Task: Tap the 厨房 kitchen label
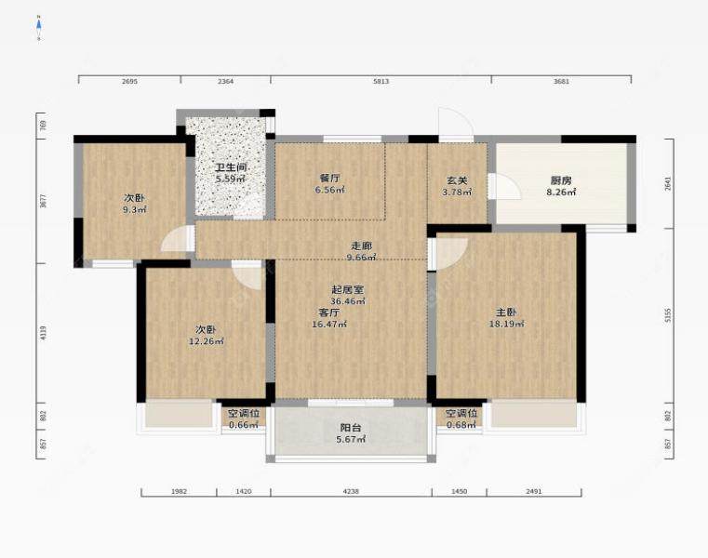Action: click(x=561, y=180)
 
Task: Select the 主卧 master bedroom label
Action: click(x=507, y=312)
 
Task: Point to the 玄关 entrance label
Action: click(x=457, y=180)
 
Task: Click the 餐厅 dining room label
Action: click(x=329, y=179)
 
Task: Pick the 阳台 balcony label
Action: click(x=351, y=428)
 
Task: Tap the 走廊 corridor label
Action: click(x=362, y=246)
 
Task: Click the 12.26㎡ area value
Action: click(x=207, y=341)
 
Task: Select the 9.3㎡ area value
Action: click(x=135, y=209)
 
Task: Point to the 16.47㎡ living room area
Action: click(x=329, y=324)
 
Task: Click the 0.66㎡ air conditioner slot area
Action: click(x=244, y=425)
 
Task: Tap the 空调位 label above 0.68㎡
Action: click(x=461, y=413)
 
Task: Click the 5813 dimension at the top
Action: click(x=381, y=81)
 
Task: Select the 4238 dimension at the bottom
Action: click(x=351, y=491)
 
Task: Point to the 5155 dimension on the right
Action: click(x=668, y=315)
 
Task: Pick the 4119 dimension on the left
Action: click(x=44, y=333)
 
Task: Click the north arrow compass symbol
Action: click(x=39, y=27)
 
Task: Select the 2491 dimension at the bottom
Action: click(x=534, y=491)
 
